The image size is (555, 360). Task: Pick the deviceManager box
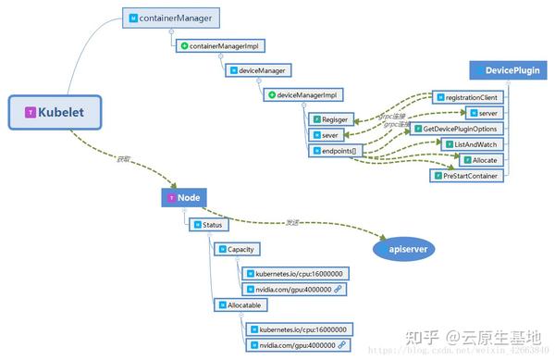point(258,69)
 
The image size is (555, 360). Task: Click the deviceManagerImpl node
point(302,94)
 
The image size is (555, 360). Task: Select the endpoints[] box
point(339,149)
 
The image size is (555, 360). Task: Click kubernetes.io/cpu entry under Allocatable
point(297,329)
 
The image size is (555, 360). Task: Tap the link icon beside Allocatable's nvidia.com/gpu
point(341,344)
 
